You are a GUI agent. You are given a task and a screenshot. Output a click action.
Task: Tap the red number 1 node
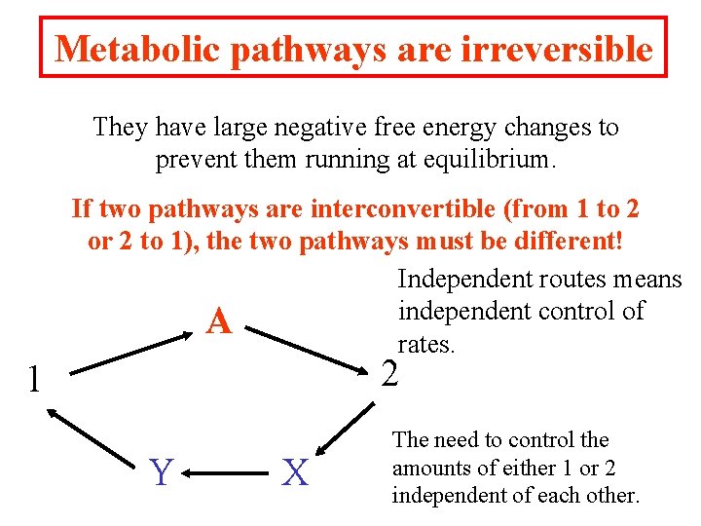(x=33, y=379)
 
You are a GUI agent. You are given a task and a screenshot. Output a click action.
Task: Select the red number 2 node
(x=389, y=373)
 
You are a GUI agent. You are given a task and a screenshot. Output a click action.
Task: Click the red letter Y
(x=162, y=473)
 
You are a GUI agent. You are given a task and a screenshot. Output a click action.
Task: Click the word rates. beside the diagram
(x=426, y=343)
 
